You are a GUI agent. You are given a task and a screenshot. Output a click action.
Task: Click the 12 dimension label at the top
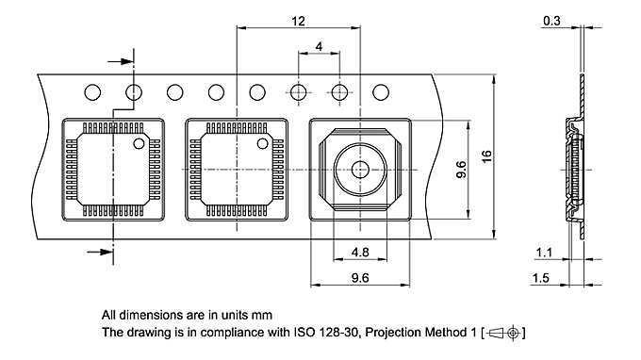click(298, 21)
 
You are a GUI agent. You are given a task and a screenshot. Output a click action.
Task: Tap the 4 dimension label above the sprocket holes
click(319, 46)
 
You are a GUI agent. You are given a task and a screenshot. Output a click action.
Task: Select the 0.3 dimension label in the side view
click(551, 21)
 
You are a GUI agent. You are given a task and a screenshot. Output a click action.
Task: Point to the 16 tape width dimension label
click(486, 156)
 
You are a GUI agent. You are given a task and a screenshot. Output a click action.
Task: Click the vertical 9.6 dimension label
click(461, 170)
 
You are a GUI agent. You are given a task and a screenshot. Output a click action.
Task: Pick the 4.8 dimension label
click(360, 253)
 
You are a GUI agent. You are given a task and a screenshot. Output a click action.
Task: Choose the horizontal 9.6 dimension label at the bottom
click(360, 278)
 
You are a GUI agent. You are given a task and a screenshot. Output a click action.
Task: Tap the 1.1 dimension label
click(544, 253)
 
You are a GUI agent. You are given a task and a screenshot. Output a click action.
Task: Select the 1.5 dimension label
click(540, 278)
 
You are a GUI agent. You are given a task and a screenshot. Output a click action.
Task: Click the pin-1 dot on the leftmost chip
click(139, 143)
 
